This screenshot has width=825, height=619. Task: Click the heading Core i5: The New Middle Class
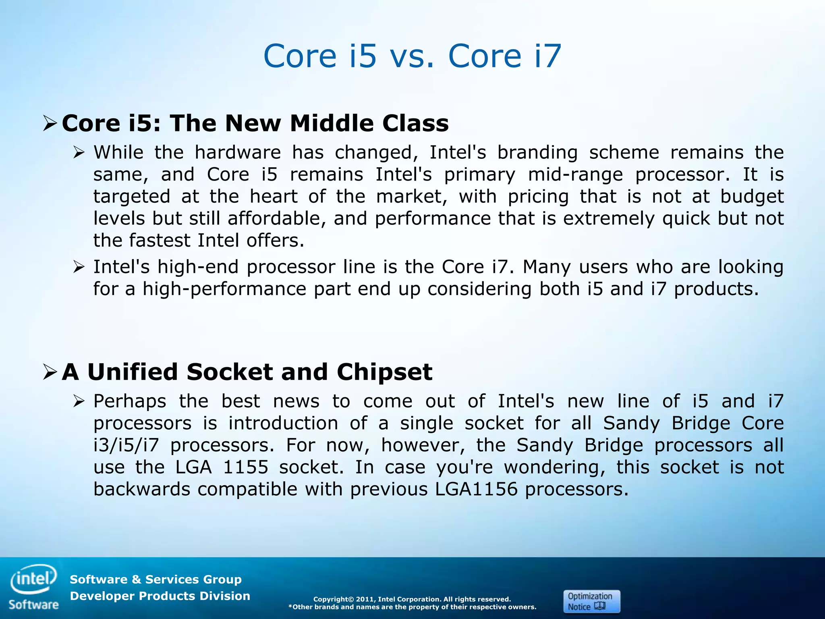255,123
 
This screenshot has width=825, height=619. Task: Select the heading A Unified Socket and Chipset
247,372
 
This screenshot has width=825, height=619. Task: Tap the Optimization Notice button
591,601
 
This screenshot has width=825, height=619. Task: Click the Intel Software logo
34,586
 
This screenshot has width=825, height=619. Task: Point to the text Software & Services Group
155,580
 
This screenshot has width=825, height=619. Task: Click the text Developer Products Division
160,596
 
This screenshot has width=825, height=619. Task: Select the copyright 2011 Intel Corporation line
412,599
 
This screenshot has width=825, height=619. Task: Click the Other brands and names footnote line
412,607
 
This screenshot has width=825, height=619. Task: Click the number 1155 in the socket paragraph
245,467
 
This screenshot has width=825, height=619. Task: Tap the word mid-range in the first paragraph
575,175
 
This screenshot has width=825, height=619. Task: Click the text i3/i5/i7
126,445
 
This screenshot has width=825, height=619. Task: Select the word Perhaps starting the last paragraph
130,401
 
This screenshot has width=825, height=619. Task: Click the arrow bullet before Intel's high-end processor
79,267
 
